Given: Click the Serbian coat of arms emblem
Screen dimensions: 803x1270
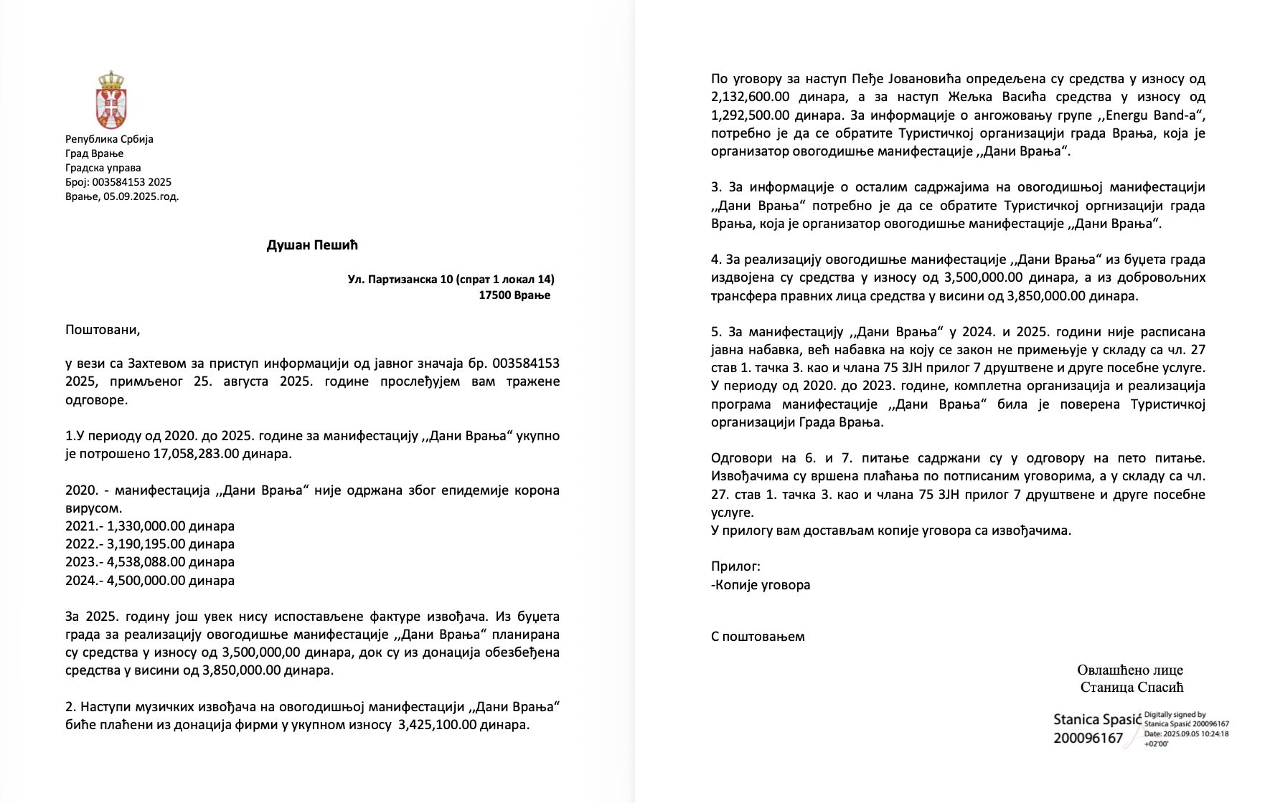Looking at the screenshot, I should point(110,100).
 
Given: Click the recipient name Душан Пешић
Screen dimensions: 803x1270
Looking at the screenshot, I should point(312,245).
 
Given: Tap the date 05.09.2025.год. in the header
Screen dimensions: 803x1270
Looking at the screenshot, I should point(141,196).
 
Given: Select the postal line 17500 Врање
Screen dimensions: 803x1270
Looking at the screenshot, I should point(514,295).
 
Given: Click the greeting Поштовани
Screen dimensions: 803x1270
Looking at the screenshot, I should point(103,330).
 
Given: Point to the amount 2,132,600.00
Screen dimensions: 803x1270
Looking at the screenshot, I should point(752,97).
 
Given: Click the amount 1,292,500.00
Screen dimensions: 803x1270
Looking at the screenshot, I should point(752,115).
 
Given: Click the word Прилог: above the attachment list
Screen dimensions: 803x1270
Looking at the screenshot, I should point(735,566).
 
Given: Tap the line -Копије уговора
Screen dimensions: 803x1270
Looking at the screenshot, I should point(761,584).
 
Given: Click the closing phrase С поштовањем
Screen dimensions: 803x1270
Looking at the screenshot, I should point(758,636).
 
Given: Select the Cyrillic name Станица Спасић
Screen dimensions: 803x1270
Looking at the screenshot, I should point(1132,688).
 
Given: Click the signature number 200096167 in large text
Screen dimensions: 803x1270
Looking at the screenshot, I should point(1088,738).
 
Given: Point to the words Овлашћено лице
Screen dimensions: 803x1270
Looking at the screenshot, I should point(1129,670).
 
